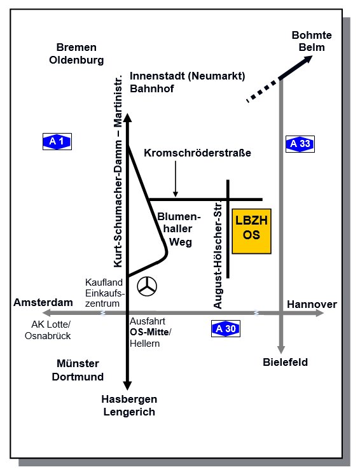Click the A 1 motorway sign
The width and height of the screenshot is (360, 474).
point(57,141)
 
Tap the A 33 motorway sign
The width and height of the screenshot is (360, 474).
point(300,144)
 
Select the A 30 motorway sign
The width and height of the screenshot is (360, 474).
point(226,328)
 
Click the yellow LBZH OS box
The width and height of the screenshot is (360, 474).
point(251,231)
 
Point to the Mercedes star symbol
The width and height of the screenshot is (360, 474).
point(147,286)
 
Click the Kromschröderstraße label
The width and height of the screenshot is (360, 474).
point(197,153)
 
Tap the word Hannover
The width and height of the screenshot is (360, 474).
point(312,304)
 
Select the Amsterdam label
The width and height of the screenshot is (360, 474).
point(43,302)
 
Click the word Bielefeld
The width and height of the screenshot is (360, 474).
point(286,362)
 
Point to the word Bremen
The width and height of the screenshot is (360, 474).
point(76,47)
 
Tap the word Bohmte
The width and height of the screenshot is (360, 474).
point(312,35)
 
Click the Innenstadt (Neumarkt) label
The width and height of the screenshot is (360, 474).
point(188,76)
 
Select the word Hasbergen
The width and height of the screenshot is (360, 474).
point(129,400)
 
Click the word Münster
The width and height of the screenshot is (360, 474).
point(78,363)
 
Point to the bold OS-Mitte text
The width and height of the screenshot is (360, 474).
point(149,332)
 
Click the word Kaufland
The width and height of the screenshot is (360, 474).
point(104,282)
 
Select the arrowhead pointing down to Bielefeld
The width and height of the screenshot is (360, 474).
point(281,350)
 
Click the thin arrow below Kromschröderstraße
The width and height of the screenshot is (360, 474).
point(176,179)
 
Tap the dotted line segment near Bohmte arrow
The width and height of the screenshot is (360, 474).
point(263,90)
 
